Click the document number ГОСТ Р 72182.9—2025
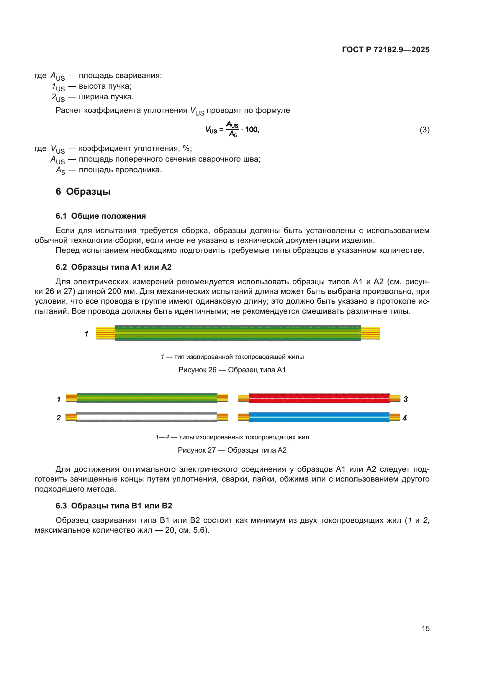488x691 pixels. point(386,50)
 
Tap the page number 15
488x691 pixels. point(425,628)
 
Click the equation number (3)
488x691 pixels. point(424,130)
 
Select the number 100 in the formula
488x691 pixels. point(251,130)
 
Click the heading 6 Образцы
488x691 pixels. point(83,191)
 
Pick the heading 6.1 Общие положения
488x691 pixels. point(101,216)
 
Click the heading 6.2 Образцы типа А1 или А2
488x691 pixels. point(113,267)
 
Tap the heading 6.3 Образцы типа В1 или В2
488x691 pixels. point(114,505)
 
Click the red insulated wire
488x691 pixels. point(319,398)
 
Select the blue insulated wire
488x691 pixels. point(319,417)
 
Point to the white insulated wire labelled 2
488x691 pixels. point(147,417)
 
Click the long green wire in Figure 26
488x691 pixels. point(238,333)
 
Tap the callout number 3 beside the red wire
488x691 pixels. point(405,399)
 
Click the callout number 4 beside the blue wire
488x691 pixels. point(405,418)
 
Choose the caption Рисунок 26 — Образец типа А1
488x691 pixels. point(232,370)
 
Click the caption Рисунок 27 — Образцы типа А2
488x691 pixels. point(232,450)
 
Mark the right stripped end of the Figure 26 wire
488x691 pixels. point(370,333)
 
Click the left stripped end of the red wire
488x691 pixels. point(243,399)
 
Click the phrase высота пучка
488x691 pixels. point(105,86)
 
